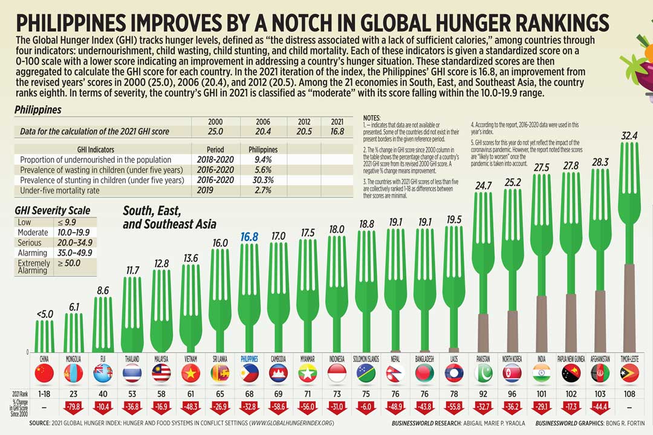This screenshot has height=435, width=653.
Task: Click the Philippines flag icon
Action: (250, 373)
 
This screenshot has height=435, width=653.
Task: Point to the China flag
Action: (44, 373)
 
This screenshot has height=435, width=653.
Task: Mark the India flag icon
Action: (542, 373)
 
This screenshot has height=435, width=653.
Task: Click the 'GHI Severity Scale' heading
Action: (53, 210)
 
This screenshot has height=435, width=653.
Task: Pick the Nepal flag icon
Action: (395, 373)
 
